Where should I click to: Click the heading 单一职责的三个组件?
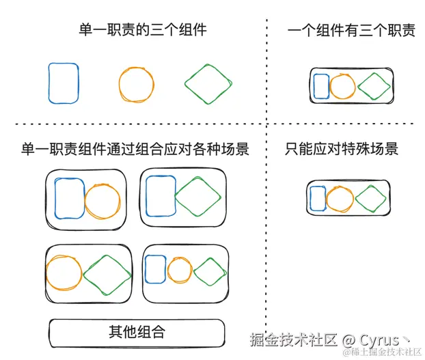142,29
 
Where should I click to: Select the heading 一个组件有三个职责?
351,30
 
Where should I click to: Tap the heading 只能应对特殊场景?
342,148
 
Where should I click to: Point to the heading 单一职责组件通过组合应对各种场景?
135,149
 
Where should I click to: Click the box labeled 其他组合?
137,333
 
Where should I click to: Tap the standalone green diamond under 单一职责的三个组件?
208,85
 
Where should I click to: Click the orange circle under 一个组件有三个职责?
342,86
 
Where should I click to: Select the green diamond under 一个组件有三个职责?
373,86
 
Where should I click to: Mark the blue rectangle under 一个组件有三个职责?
320,86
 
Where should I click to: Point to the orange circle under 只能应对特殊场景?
340,198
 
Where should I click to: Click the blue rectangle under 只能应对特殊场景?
318,198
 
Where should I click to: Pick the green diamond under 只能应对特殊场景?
369,198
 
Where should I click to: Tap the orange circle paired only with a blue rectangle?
102,201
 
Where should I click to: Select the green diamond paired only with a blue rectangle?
198,197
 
